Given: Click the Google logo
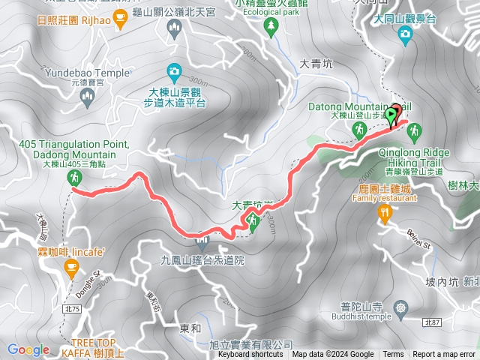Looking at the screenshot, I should pyautogui.click(x=28, y=349).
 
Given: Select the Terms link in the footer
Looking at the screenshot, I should pyautogui.click(x=393, y=355).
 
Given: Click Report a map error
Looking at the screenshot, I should pyautogui.click(x=443, y=355).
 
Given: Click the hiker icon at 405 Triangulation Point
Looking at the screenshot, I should pyautogui.click(x=75, y=178).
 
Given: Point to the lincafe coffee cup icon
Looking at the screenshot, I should pyautogui.click(x=71, y=268).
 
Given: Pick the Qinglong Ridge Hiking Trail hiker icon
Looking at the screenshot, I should pyautogui.click(x=415, y=133).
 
